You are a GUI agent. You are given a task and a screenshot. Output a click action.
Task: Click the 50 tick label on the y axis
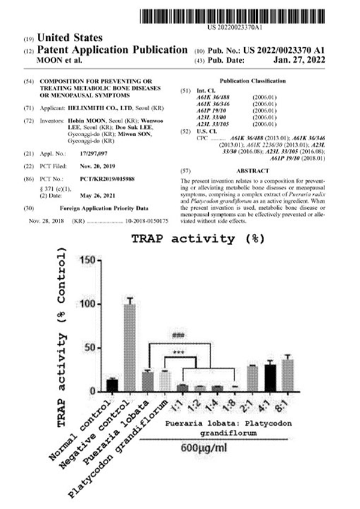coord(89,348)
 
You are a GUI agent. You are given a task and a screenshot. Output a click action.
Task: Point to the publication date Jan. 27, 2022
coord(300,61)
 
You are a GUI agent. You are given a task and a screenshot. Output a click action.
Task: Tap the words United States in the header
coord(70,38)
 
